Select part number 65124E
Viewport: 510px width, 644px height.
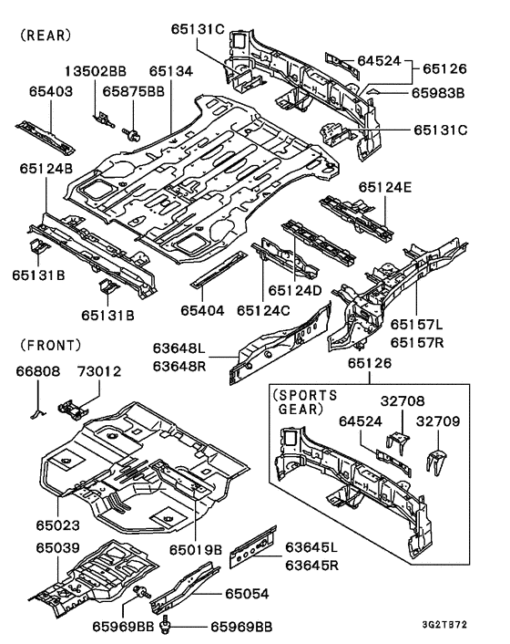(x=384, y=187)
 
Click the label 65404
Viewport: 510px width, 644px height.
(x=203, y=311)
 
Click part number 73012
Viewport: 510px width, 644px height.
(x=98, y=371)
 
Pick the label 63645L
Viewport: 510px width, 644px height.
(x=311, y=546)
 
